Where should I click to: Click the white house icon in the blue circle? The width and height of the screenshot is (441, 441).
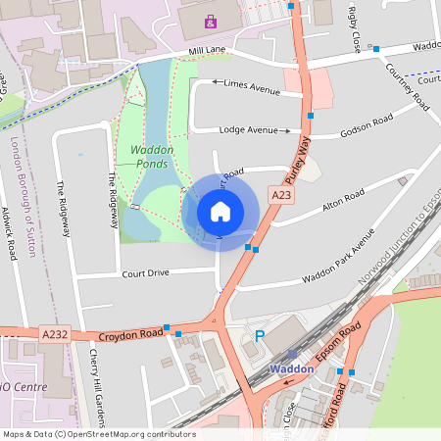[x=220, y=211]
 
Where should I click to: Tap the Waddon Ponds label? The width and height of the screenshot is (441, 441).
[x=152, y=157]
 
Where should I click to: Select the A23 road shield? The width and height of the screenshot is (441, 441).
[x=282, y=196]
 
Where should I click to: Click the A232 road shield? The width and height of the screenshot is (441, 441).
[x=55, y=334]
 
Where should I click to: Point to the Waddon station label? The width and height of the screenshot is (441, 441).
[x=291, y=369]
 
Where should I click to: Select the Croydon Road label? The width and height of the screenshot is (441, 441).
[x=128, y=334]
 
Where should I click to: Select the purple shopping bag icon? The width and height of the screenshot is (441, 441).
[x=210, y=21]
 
